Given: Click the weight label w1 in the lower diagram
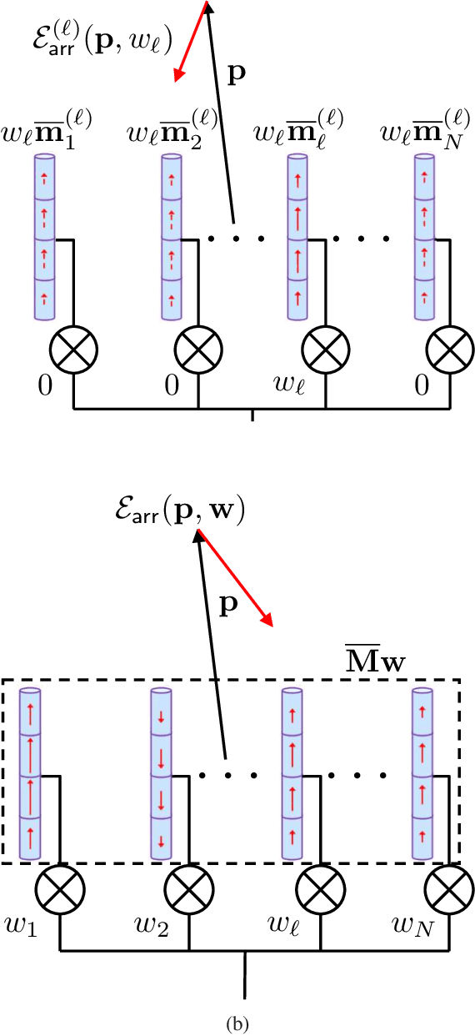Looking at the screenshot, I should (19, 926).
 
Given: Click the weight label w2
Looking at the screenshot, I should (151, 926).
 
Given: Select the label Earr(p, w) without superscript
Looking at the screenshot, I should (180, 510).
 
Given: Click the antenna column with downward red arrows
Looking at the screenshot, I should (160, 774).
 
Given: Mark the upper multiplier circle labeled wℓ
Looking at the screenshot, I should (324, 344).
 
